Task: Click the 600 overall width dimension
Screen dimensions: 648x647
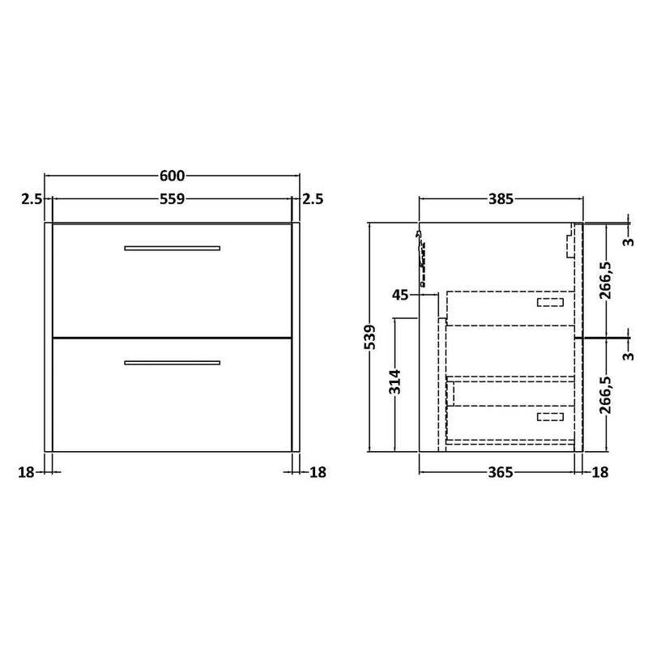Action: (172, 176)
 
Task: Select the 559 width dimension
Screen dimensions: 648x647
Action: (172, 199)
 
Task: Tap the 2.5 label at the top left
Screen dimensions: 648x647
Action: (32, 199)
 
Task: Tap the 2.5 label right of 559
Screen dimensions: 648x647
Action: (313, 199)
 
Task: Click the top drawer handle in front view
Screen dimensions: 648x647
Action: (172, 249)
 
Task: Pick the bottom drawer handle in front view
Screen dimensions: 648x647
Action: (172, 363)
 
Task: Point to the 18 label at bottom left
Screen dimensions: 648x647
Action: (26, 472)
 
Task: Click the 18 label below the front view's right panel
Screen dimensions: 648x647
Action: (318, 472)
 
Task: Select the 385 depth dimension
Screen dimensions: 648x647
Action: (501, 199)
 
